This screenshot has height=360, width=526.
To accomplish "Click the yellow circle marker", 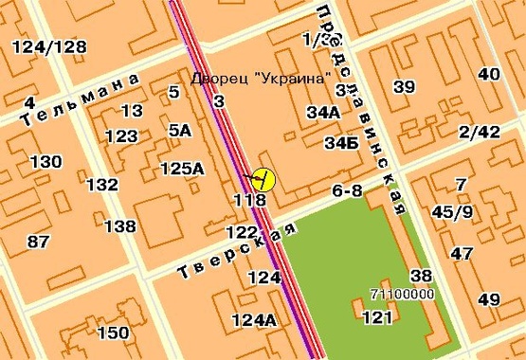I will (x=263, y=179).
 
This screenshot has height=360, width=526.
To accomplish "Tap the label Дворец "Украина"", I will (x=262, y=77).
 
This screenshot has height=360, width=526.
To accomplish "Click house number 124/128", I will (x=51, y=47).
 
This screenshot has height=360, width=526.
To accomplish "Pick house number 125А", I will (x=182, y=169).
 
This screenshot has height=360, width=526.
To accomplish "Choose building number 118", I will (x=248, y=200).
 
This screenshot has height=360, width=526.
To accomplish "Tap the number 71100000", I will (x=402, y=294).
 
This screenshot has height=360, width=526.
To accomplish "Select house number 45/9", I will (x=452, y=212).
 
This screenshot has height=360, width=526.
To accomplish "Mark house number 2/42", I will (x=478, y=132).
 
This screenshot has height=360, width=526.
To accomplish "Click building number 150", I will (x=113, y=333).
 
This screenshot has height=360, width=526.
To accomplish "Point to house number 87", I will (x=38, y=242).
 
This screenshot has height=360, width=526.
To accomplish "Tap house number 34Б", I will (x=341, y=144).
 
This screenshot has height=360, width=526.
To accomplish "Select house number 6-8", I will (x=347, y=191).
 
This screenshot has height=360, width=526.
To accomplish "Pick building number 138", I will (x=120, y=225).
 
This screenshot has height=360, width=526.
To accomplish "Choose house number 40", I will (x=489, y=75).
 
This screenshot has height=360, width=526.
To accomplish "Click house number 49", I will (x=489, y=300).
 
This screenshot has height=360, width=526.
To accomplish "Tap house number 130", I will (x=45, y=162).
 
